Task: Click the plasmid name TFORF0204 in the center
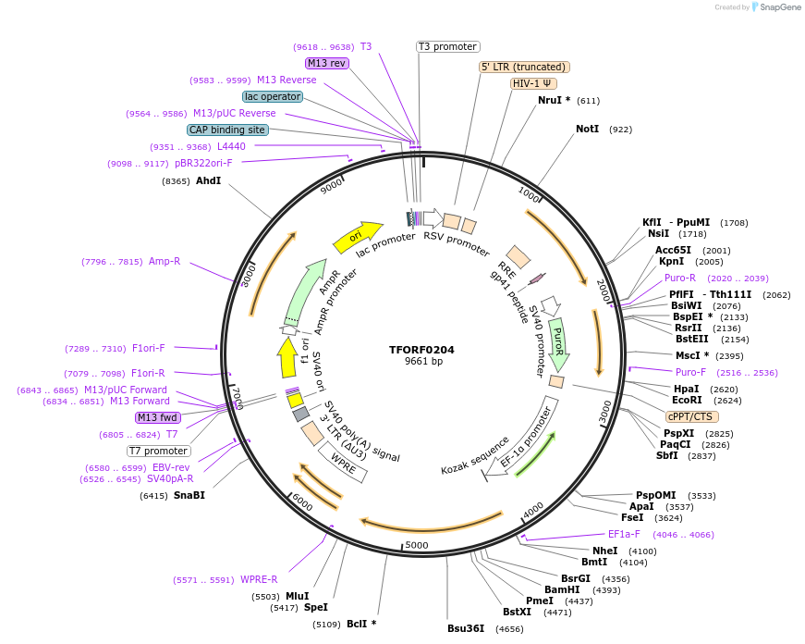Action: pos(421,350)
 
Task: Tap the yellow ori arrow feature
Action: pos(360,236)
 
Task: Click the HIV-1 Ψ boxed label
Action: pos(533,83)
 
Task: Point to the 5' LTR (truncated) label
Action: pos(524,67)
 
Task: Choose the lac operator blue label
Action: pos(273,96)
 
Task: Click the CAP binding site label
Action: pos(227,130)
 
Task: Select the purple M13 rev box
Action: pos(326,63)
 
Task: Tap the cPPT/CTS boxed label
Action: pos(689,416)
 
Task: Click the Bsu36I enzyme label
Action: pos(466,628)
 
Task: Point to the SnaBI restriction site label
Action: pos(189,495)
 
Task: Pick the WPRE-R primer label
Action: pos(259,580)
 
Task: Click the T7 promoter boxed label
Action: pos(159,451)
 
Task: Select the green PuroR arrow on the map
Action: pos(558,341)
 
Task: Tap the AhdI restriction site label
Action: pos(208,180)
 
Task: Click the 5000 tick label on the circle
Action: pos(417,545)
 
